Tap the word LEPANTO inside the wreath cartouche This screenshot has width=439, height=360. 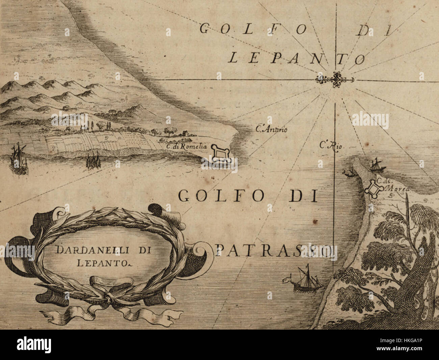coord(99,262)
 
